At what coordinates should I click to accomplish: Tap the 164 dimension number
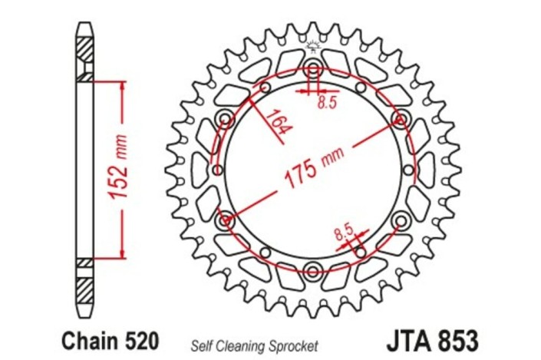coord(278,121)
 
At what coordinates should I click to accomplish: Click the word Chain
coord(85,338)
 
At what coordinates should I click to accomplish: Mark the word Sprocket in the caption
coord(292,344)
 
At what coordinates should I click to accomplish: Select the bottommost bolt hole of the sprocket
coord(312,269)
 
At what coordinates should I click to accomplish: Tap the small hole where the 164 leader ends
coord(266,88)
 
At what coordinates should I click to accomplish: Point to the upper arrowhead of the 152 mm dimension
coord(120,85)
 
